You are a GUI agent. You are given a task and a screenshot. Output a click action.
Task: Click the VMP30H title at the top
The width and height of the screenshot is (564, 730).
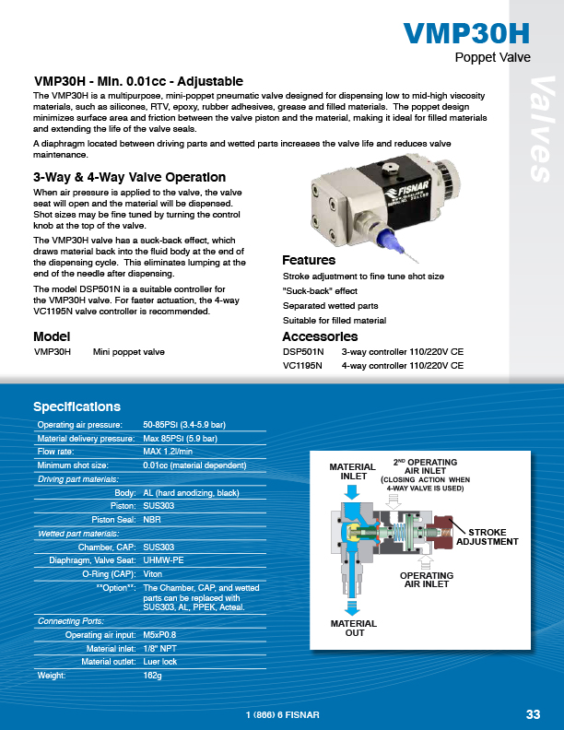pyautogui.click(x=467, y=35)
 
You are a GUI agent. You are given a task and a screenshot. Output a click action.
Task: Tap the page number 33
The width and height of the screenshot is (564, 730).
pyautogui.click(x=534, y=714)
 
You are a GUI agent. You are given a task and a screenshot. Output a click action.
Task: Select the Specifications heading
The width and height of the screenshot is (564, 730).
pyautogui.click(x=76, y=406)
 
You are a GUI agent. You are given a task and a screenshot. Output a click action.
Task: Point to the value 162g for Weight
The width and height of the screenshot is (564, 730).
pyautogui.click(x=153, y=676)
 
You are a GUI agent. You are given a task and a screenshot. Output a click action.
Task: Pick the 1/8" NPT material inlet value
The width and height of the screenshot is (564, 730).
pyautogui.click(x=160, y=649)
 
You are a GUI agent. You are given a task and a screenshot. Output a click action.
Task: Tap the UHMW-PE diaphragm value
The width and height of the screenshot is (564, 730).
pyautogui.click(x=163, y=559)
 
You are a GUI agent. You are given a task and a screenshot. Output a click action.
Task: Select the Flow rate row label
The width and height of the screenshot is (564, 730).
pyautogui.click(x=60, y=453)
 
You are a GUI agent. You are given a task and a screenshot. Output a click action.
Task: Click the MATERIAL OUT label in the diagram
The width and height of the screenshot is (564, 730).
pyautogui.click(x=354, y=629)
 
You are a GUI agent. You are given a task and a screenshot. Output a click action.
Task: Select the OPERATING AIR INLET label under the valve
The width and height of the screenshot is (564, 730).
pyautogui.click(x=426, y=580)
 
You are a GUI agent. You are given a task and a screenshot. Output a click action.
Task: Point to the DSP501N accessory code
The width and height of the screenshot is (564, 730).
pyautogui.click(x=302, y=352)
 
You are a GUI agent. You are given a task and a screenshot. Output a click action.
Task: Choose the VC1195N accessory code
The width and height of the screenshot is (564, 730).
pyautogui.click(x=302, y=366)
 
